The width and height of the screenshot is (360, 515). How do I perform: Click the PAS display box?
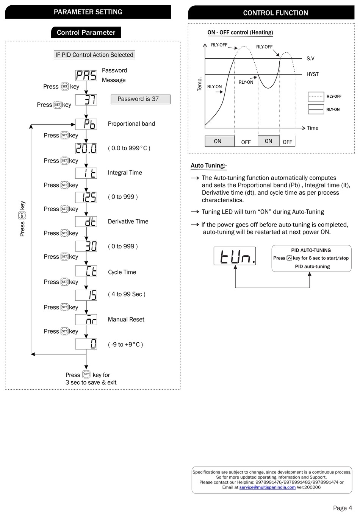pos(86,75)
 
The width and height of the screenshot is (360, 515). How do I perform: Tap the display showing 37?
pos(86,100)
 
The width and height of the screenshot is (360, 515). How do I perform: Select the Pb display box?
pos(86,124)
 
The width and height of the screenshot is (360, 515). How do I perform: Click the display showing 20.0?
pos(86,148)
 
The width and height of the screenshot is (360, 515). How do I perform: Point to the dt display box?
pos(86,222)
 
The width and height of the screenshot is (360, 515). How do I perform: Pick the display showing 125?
pos(86,197)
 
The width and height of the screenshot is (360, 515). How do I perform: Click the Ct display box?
pos(86,271)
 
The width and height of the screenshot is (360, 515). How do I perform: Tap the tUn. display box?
pos(235,256)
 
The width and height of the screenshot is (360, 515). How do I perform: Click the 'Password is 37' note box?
pos(141,99)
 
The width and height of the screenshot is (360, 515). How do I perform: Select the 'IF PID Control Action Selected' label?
pos(94,55)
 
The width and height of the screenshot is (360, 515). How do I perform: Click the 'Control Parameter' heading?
pos(86,33)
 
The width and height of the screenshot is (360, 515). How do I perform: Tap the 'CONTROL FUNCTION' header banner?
pos(271,13)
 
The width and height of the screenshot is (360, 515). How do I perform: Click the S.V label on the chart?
pos(310,59)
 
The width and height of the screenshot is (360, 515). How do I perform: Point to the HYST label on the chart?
pos(313,74)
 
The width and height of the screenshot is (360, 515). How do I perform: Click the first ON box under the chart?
pos(219,141)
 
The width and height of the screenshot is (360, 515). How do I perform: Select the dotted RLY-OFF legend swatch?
pos(316,97)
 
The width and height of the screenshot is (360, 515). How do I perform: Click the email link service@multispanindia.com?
pos(267,487)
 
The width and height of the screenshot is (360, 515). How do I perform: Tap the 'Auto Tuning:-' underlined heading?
pos(209,165)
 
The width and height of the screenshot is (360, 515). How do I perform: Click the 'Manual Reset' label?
pos(126,320)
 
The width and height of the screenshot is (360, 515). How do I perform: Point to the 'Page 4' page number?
pos(342,508)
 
